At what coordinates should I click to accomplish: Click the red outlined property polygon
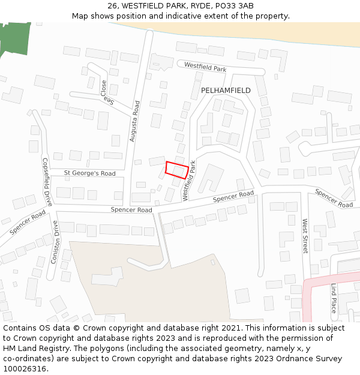click(x=176, y=170)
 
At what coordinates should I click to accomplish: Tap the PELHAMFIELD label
click(x=226, y=90)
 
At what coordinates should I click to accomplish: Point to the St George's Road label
click(x=90, y=173)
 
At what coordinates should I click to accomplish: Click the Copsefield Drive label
click(x=47, y=181)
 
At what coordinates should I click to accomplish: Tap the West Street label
click(x=305, y=236)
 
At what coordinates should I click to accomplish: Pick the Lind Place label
click(x=334, y=298)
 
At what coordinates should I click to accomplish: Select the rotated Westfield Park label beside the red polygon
click(x=189, y=181)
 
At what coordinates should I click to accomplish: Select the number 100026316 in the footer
click(x=24, y=369)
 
